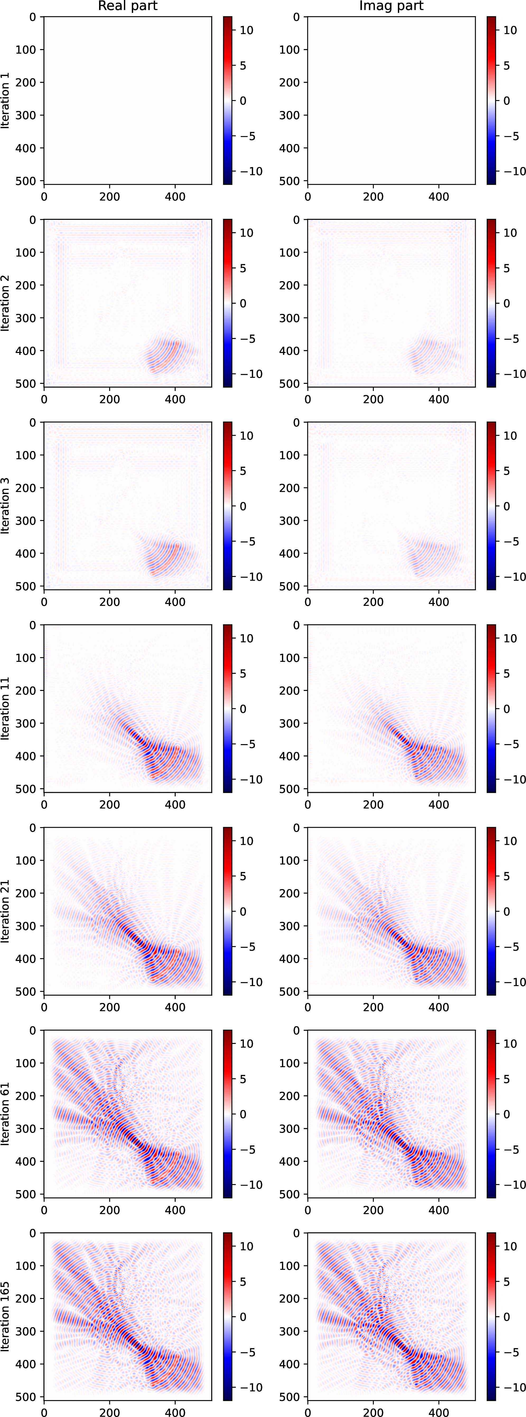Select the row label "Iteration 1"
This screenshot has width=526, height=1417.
pos(6,100)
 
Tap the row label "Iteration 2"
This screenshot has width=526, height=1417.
pos(6,303)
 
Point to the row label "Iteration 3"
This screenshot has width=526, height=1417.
pos(6,505)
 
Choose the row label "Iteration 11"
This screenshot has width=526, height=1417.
pos(6,709)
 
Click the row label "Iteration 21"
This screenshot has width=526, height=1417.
pos(6,911)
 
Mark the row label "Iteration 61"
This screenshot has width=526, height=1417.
pos(6,1114)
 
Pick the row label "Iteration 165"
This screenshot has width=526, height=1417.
pos(6,1316)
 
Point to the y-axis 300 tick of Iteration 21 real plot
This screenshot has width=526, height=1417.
pos(25,926)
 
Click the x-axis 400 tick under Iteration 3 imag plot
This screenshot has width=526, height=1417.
pos(439,602)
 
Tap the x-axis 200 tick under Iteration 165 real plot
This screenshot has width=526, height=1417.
pos(109,1411)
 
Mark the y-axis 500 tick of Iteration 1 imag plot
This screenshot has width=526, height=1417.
pos(289,180)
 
